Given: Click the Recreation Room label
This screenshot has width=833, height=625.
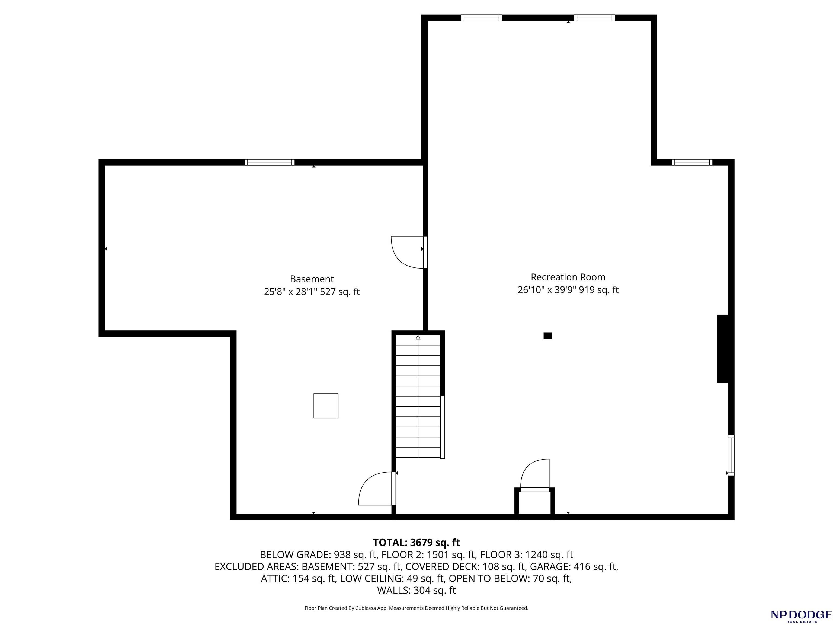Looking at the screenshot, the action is point(568,277).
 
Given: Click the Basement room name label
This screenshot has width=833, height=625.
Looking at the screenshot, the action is point(312,279).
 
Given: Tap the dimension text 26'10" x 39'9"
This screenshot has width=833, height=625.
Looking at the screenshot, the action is point(547,290).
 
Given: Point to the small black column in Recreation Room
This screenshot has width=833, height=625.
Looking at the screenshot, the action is point(547,336).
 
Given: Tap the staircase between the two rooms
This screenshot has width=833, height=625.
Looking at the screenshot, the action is point(418,397).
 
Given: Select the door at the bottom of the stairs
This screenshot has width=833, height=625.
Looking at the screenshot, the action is point(377,488).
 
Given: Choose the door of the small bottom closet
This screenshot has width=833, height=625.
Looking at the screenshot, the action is point(535,476).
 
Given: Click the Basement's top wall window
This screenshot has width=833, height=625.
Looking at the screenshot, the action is point(270,162).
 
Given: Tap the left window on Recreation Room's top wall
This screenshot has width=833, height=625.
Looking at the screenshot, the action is point(481,18).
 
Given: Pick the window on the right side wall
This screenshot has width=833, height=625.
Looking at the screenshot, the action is point(731,455).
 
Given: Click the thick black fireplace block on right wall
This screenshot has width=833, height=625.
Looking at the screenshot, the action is point(723,349).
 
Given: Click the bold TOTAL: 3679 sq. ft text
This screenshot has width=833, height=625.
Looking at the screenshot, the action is point(416,543).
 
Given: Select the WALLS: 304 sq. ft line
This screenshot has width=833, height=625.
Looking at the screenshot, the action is point(416,590).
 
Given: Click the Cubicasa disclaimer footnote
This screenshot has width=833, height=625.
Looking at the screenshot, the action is point(416,608).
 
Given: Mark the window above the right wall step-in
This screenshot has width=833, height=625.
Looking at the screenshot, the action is point(692,162).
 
